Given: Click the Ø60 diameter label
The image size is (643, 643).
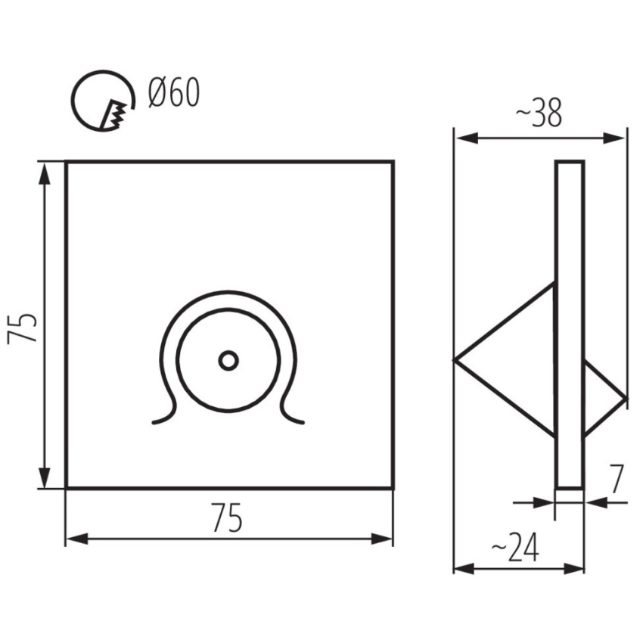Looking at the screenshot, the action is pos(174,93).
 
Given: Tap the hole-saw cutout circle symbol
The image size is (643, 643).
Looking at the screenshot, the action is pos(103,101).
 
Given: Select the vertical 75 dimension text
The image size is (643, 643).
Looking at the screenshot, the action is pos(23,328).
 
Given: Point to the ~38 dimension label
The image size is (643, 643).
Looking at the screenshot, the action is pos(538,113).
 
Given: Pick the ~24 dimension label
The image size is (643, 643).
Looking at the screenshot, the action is pos(514,548).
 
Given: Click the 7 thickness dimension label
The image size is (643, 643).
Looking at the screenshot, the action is pos(617,479).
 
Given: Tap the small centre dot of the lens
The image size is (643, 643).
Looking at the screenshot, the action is pos(228,361).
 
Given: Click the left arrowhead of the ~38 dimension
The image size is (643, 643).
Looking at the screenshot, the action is pos(467,138).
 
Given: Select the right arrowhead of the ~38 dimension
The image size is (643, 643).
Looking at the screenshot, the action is pos(614,138).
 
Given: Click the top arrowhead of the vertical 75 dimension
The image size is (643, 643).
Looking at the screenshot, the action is pos(45,174).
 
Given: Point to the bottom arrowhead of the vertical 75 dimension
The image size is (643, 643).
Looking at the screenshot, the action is pos(45,477).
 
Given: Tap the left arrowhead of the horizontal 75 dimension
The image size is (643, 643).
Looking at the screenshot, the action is pos(77,539).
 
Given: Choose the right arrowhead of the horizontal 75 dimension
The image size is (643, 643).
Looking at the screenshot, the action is pos(381,539).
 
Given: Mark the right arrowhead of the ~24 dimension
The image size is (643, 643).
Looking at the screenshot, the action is pos(573,569).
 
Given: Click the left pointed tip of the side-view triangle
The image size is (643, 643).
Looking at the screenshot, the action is pos(454,360).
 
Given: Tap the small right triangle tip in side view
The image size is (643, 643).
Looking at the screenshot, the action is pos(626,398).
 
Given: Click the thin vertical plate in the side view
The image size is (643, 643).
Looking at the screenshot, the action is pos(570,325).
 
